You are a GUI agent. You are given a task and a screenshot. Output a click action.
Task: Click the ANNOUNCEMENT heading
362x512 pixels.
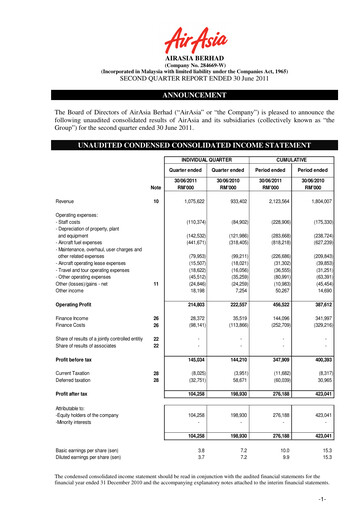(x=180, y=85)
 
